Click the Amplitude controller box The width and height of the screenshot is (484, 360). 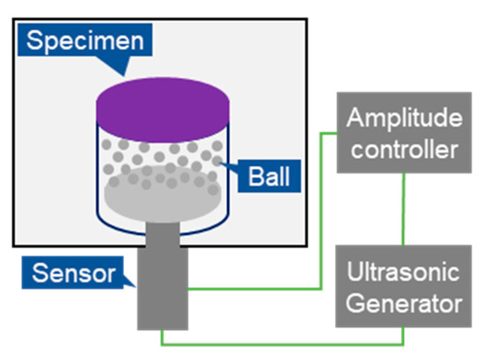click(403, 133)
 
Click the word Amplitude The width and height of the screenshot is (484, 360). click(403, 118)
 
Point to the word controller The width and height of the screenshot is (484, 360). click(403, 149)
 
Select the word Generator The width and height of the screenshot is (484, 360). click(403, 305)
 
